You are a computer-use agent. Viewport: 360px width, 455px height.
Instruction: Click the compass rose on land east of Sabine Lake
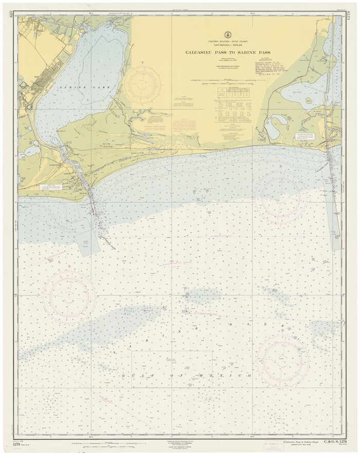tap(141, 83)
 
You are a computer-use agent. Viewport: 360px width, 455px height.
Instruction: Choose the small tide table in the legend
tap(228, 93)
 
